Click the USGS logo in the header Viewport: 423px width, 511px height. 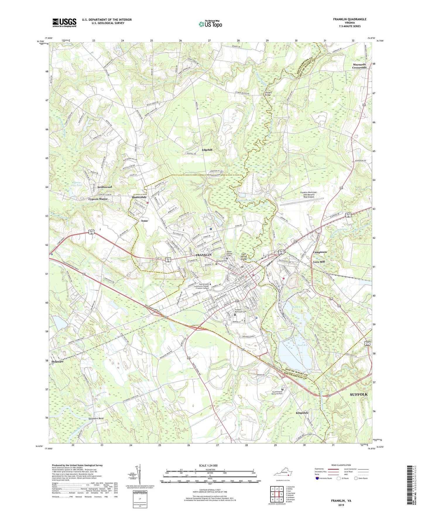click(64, 23)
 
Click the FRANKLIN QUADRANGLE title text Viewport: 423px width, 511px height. click(350, 19)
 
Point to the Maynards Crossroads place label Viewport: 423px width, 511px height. click(359, 66)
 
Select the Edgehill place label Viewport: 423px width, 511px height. click(207, 150)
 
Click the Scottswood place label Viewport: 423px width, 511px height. click(105, 187)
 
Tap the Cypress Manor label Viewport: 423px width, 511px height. click(98, 199)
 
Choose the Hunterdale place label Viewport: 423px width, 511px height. click(139, 197)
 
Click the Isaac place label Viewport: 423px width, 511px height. click(144, 221)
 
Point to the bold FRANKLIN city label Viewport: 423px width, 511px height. click(203, 255)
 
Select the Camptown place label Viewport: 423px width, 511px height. click(320, 252)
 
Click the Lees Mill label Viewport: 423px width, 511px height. click(319, 262)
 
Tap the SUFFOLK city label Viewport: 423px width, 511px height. click(359, 395)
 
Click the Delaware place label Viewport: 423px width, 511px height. click(57, 362)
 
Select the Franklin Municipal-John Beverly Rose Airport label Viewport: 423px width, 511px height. click(311, 195)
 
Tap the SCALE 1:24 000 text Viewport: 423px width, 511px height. click(208, 466)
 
